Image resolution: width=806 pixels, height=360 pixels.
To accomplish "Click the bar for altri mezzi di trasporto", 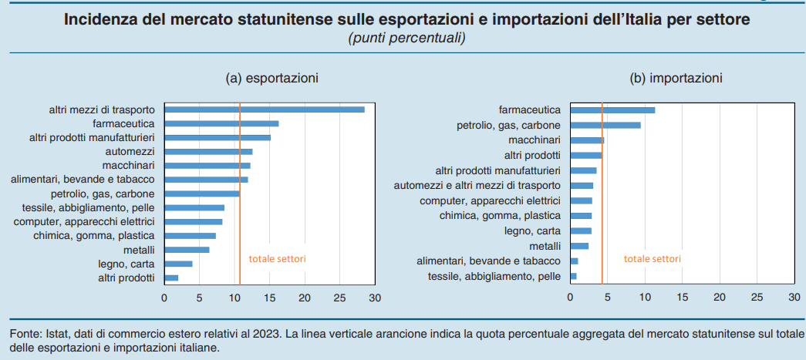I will pos(264,109).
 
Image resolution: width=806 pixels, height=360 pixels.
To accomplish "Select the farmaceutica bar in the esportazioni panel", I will pos(221,123).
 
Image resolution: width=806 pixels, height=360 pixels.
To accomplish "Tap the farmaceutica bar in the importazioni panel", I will pos(612,110).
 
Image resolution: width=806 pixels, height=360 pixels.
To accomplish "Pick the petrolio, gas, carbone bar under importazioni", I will pos(605,125).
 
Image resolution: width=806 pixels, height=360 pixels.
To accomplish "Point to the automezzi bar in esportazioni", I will pos(208,152).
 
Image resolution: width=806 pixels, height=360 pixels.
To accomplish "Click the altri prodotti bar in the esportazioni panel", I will pos(171,278).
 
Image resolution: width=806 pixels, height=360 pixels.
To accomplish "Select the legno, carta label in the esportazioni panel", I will pos(126,264).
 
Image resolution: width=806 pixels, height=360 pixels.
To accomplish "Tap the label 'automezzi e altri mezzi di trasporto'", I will pos(477,186).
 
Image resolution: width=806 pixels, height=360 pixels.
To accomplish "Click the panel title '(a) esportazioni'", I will pos(271,78).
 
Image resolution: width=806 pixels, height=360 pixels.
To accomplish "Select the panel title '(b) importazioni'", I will pos(676,78).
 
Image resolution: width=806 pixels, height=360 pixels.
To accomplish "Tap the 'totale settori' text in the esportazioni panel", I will pos(277,259).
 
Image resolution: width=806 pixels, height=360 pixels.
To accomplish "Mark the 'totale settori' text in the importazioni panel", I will pos(653,259).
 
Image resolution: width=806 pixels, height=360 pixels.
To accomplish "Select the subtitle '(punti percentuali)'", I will pos(407,38).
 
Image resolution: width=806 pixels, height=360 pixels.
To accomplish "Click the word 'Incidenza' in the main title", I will pos(97,19).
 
